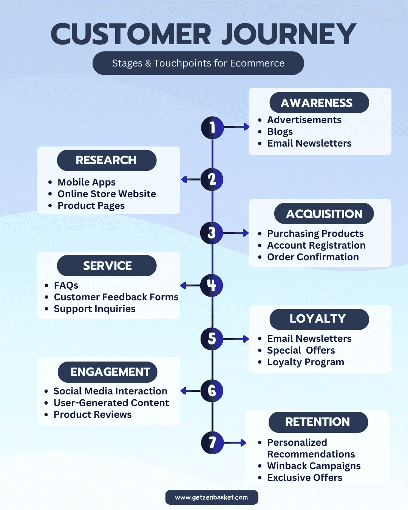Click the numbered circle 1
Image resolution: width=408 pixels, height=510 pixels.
click(212, 127)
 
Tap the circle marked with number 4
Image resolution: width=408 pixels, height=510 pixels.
click(212, 285)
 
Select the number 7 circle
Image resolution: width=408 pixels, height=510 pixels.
click(212, 442)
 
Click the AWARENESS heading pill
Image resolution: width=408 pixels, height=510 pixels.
click(319, 103)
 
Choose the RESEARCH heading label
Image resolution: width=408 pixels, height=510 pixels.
click(107, 160)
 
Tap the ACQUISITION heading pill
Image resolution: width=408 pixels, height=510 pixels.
click(324, 214)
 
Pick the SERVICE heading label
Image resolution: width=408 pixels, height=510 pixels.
click(107, 266)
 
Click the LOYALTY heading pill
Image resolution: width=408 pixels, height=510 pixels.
click(319, 319)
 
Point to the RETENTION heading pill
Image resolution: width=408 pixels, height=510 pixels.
click(318, 422)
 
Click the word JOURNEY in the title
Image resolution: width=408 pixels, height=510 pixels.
click(289, 34)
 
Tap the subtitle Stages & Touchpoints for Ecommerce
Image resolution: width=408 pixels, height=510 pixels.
click(198, 63)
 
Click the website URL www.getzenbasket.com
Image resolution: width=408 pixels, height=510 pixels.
click(212, 498)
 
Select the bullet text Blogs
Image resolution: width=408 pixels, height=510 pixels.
click(280, 131)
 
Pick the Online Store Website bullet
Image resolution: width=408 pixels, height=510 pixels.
click(107, 194)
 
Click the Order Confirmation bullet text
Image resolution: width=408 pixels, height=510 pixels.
click(313, 257)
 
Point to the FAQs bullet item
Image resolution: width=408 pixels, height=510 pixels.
click(66, 285)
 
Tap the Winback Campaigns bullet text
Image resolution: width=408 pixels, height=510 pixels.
click(314, 466)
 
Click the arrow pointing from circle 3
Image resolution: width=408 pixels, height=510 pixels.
click(236, 233)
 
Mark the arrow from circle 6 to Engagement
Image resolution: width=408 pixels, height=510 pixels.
click(190, 391)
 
